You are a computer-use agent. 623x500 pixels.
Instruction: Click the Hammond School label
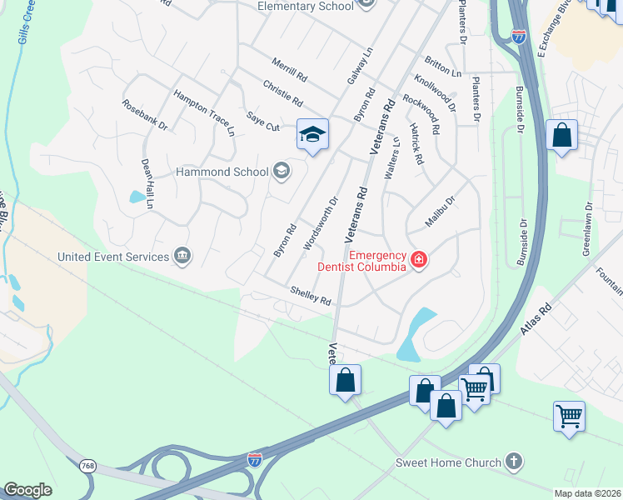[x=221, y=172]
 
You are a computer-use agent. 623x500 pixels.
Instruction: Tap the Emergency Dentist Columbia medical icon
[x=417, y=261]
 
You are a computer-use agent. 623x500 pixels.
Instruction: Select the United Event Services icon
[x=182, y=256]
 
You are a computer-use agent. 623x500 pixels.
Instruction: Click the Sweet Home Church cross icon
[x=515, y=462]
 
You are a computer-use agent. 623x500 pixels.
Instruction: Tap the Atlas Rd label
[x=536, y=319]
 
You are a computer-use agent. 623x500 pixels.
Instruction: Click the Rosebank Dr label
[x=144, y=116]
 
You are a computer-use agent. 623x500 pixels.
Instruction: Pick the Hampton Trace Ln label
[x=204, y=112]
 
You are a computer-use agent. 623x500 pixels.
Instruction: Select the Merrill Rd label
[x=289, y=68]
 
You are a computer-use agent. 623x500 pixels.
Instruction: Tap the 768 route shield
[x=87, y=464]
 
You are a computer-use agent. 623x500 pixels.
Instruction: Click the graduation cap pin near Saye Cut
[x=312, y=134]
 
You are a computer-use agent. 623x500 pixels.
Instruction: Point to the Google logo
[x=27, y=490]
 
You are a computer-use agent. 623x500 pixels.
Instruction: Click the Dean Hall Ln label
[x=147, y=184]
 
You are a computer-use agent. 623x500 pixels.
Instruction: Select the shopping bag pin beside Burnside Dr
[x=562, y=135]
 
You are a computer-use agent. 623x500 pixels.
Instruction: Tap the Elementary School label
[x=305, y=6]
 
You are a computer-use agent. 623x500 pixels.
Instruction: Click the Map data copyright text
[x=587, y=493]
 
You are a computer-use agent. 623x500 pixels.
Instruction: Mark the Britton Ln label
[x=442, y=67]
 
